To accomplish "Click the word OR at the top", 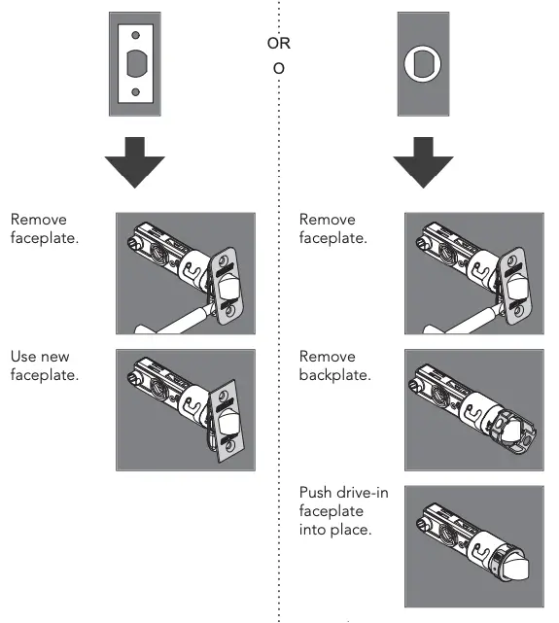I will [x=278, y=43].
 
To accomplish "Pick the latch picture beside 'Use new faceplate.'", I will [x=185, y=410].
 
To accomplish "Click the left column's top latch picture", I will [x=185, y=273].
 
